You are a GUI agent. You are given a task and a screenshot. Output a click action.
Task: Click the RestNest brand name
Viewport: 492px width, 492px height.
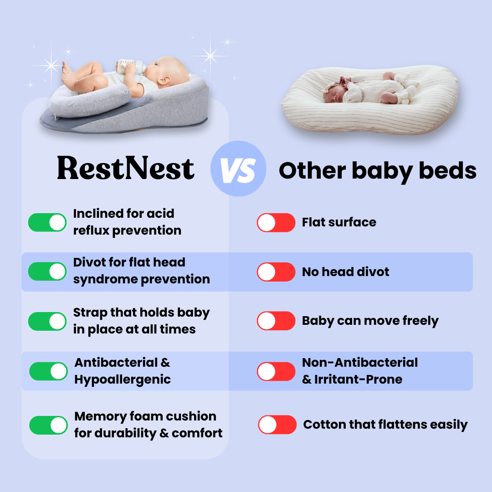pyautogui.click(x=126, y=168)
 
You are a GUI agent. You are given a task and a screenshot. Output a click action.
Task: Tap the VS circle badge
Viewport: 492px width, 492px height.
pyautogui.click(x=238, y=169)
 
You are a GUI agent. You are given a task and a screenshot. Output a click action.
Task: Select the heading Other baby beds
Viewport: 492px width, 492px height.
pyautogui.click(x=378, y=171)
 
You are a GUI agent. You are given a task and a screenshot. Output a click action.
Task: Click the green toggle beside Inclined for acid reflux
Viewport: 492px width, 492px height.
pyautogui.click(x=47, y=222)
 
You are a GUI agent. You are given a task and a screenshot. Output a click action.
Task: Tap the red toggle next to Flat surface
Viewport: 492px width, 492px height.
pyautogui.click(x=276, y=222)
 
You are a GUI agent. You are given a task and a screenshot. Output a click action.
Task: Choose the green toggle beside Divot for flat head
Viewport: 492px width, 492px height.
pyautogui.click(x=47, y=272)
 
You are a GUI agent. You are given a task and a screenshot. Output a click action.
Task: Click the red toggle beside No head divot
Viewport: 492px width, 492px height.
pyautogui.click(x=276, y=272)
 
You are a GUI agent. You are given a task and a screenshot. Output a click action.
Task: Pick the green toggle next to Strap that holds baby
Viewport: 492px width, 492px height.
pyautogui.click(x=47, y=321)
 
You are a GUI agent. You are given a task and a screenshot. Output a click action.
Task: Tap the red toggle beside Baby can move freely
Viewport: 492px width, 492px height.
pyautogui.click(x=276, y=321)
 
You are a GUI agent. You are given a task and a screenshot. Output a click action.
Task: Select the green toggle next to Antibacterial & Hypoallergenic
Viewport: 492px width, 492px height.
pyautogui.click(x=48, y=371)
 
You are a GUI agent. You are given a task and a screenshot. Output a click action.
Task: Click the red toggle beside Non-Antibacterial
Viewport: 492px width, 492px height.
pyautogui.click(x=276, y=372)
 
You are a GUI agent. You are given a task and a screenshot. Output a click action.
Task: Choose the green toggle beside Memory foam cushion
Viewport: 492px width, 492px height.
pyautogui.click(x=48, y=425)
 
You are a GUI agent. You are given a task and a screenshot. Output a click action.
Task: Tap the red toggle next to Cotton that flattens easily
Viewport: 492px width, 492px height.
pyautogui.click(x=277, y=425)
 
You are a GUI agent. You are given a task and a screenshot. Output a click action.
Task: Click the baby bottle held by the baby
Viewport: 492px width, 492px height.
pyautogui.click(x=131, y=67)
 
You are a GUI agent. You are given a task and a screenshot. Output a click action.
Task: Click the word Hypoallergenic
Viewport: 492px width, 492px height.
pyautogui.click(x=123, y=380)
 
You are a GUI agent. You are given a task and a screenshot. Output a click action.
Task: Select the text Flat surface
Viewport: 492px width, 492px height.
pyautogui.click(x=339, y=222)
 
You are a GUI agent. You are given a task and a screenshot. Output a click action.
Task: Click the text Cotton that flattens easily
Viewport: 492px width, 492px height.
pyautogui.click(x=385, y=425)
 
